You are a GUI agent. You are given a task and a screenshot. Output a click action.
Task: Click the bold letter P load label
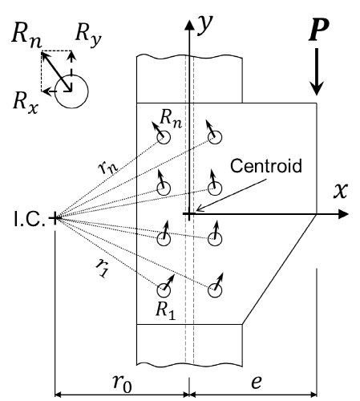(x=319, y=30)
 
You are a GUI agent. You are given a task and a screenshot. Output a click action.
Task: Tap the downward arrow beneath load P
(x=317, y=71)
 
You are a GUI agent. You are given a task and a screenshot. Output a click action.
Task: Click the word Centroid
(x=266, y=166)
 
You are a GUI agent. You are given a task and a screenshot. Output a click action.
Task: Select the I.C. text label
(x=30, y=219)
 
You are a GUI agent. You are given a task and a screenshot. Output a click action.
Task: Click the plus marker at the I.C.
(x=55, y=218)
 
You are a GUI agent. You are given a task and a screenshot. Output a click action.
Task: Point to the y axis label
(x=205, y=25)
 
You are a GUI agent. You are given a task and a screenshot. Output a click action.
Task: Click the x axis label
(x=341, y=190)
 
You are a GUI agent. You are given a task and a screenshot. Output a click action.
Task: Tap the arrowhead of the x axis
(x=343, y=214)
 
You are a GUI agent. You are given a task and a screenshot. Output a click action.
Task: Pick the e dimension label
(x=256, y=382)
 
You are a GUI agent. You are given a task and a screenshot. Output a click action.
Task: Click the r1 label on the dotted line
(x=103, y=268)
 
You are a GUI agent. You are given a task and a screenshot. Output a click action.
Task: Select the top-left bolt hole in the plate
(x=164, y=137)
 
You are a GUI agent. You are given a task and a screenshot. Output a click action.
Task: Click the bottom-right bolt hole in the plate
(x=215, y=290)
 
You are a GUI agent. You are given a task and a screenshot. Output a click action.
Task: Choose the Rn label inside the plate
(x=171, y=119)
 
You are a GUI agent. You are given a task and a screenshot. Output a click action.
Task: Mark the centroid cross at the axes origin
(x=189, y=214)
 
